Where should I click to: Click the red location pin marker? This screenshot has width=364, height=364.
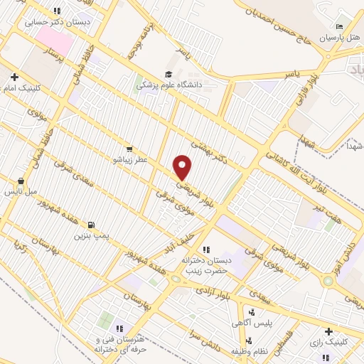(x=183, y=167)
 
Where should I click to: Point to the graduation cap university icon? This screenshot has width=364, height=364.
(x=168, y=74)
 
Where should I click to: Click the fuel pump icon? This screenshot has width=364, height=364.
(x=90, y=225)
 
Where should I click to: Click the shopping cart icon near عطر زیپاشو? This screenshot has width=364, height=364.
(x=129, y=149)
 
